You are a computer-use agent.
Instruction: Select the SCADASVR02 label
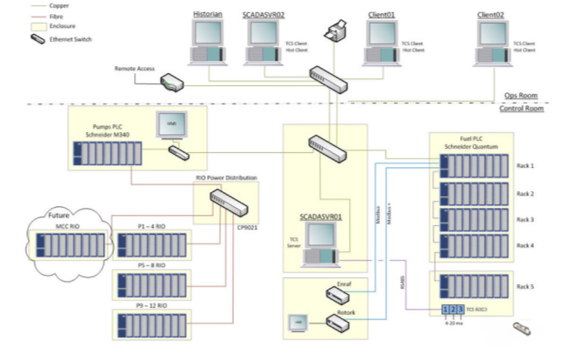269,15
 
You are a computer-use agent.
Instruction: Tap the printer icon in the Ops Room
335,33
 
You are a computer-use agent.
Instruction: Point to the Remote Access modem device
171,83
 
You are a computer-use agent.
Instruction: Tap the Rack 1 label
525,165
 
